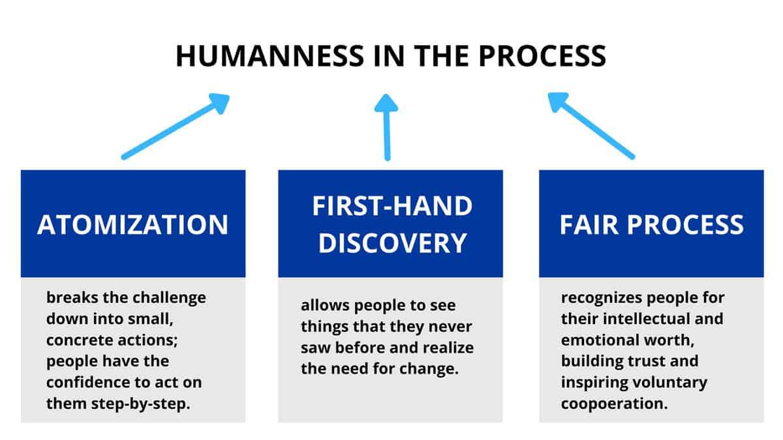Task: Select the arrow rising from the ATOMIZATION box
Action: pyautogui.click(x=175, y=126)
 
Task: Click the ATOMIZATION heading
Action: pyautogui.click(x=133, y=224)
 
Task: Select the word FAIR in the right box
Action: pyautogui.click(x=589, y=224)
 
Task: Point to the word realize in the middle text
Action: pyautogui.click(x=450, y=347)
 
